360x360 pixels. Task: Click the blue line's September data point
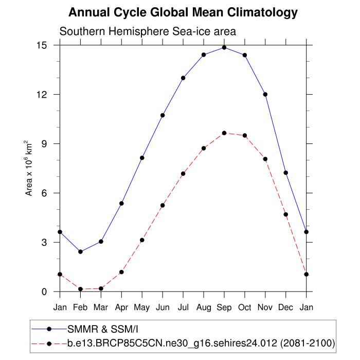(224, 47)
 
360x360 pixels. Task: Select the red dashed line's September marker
(224, 133)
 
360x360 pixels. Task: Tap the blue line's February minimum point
(80, 251)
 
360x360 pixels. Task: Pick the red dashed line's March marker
(101, 289)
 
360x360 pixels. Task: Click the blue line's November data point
(265, 94)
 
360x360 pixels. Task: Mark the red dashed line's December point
(286, 214)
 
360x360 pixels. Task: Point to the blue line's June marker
(163, 115)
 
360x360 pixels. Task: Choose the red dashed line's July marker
(183, 174)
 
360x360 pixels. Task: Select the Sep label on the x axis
(224, 308)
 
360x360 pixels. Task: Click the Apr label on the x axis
(121, 308)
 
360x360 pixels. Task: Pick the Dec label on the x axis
(286, 308)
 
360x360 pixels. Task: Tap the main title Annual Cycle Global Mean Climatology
(183, 12)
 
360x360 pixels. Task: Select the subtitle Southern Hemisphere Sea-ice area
(148, 31)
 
